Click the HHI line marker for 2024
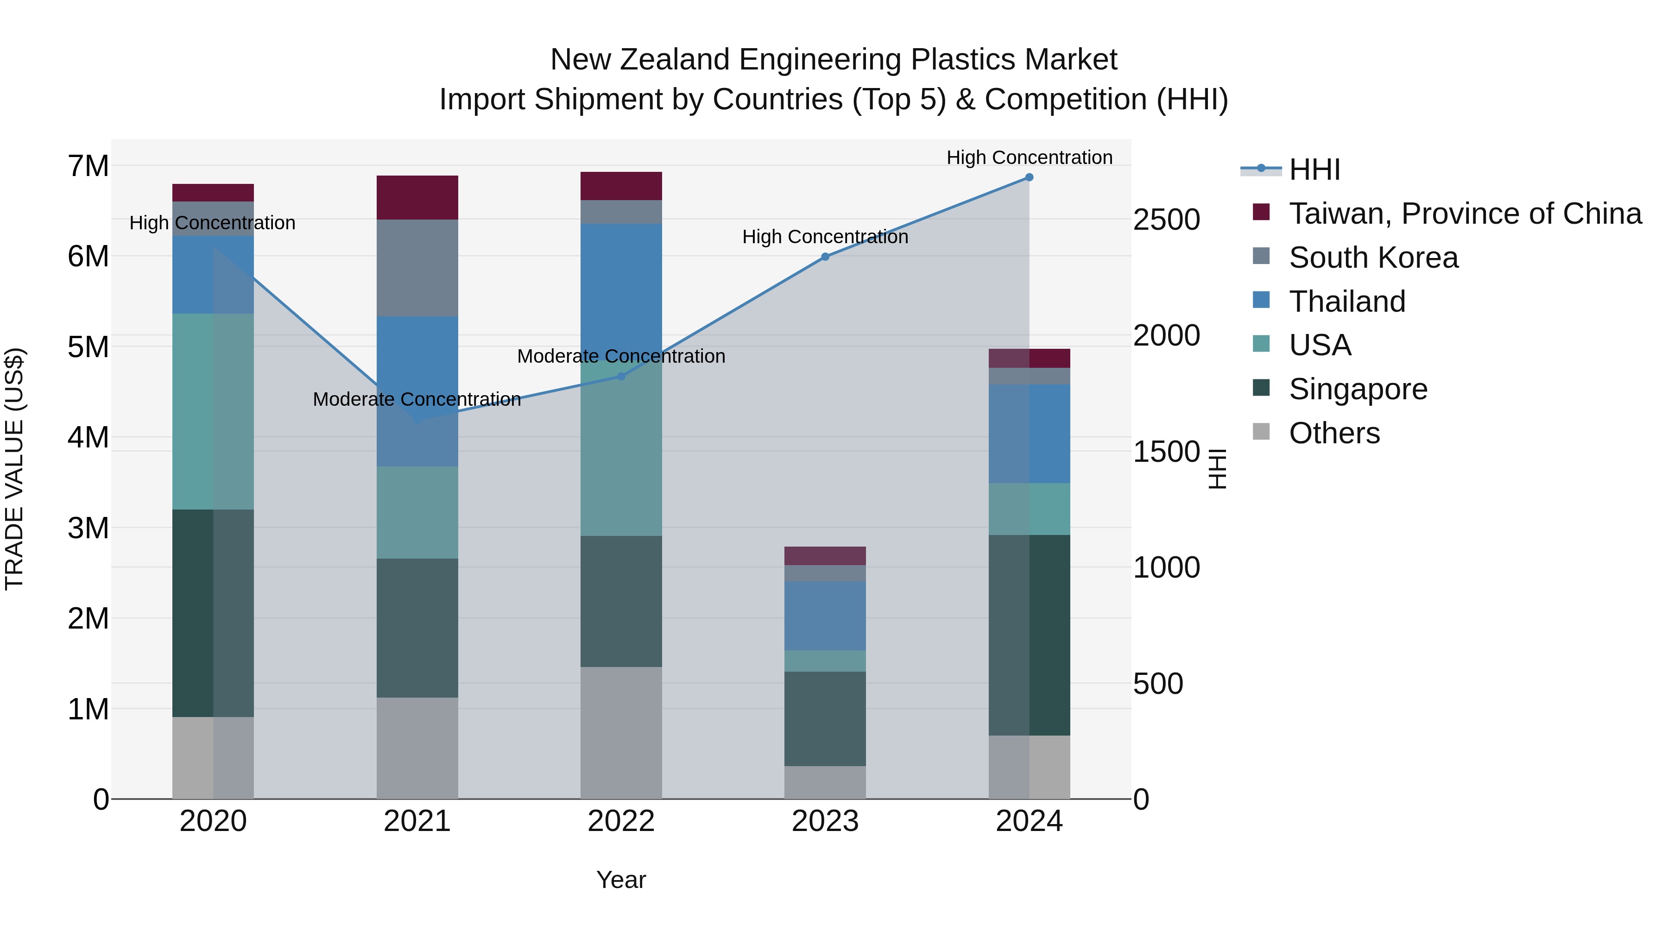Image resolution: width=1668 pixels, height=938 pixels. pyautogui.click(x=1029, y=177)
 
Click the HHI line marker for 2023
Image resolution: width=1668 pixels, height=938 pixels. pyautogui.click(x=825, y=257)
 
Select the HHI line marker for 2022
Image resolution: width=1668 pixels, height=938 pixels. pyautogui.click(x=621, y=376)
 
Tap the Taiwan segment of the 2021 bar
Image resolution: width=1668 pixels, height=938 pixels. pyautogui.click(x=417, y=197)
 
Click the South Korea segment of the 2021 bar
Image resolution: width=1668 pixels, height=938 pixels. pyautogui.click(x=417, y=268)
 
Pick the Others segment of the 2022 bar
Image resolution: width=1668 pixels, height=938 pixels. pyautogui.click(x=621, y=732)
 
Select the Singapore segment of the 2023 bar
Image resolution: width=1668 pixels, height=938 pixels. pyautogui.click(x=825, y=718)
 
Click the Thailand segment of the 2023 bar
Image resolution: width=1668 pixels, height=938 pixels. pyautogui.click(x=825, y=616)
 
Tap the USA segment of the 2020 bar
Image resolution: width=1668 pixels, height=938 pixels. pyautogui.click(x=213, y=412)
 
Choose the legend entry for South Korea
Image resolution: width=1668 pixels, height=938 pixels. pyautogui.click(x=1373, y=258)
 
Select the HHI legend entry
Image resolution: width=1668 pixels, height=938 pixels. pyautogui.click(x=1314, y=170)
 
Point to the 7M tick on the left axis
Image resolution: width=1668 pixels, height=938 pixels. pyautogui.click(x=88, y=166)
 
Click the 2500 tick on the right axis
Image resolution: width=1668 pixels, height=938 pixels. pyautogui.click(x=1166, y=220)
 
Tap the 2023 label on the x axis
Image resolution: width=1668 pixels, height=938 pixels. pyautogui.click(x=825, y=821)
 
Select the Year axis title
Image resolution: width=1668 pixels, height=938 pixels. pyautogui.click(x=621, y=880)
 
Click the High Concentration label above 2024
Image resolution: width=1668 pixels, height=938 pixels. pyautogui.click(x=1029, y=157)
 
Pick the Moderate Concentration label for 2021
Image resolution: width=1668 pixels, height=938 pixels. pyautogui.click(x=417, y=399)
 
